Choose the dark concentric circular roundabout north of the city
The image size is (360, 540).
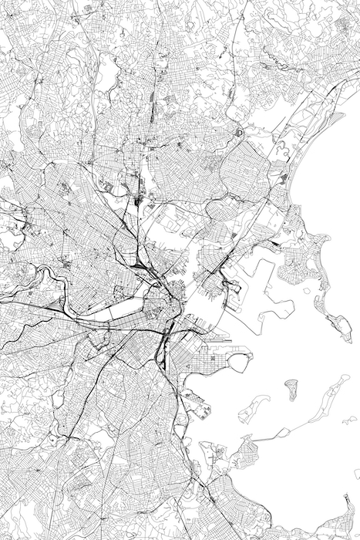click(x=238, y=133)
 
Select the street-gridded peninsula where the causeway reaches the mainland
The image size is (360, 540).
click(x=247, y=447)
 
